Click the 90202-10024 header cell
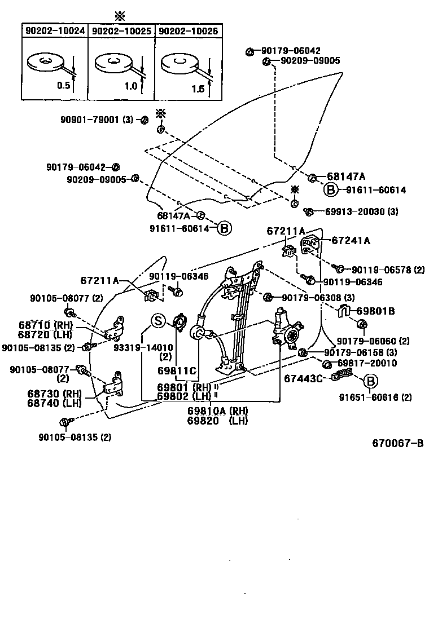tap(55, 31)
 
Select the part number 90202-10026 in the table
tap(187, 31)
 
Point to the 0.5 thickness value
tap(63, 86)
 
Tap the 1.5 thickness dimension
tap(198, 89)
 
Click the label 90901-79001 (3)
tap(97, 120)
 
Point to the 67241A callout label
tap(351, 240)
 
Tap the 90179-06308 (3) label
tap(318, 298)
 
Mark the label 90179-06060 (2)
tap(373, 341)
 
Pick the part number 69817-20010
tap(367, 364)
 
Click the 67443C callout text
tap(303, 378)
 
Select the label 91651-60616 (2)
tap(375, 397)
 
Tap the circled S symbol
tap(157, 321)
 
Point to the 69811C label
tap(177, 370)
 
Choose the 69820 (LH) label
tap(217, 420)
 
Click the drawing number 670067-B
tap(397, 443)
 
